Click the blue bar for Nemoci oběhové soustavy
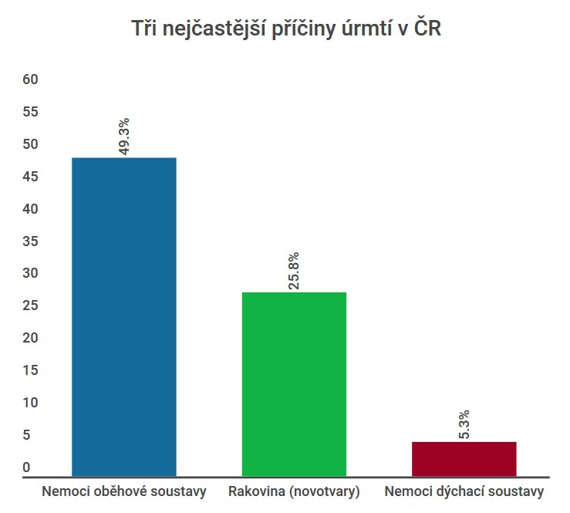tap(123, 316)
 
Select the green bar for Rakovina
tap(294, 383)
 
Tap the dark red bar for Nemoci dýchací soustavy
tap(464, 459)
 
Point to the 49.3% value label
tap(123, 137)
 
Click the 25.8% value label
tap(294, 271)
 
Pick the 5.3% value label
tap(464, 424)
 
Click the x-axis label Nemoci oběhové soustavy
tap(124, 491)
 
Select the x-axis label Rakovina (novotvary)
tap(295, 491)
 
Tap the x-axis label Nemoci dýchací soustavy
tap(464, 491)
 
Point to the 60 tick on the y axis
tap(31, 79)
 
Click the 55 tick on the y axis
tap(31, 112)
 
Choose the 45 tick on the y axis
tap(31, 177)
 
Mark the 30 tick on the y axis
tap(31, 273)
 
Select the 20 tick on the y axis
tap(31, 338)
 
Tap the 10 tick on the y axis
tap(31, 403)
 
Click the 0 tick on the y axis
tap(26, 467)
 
